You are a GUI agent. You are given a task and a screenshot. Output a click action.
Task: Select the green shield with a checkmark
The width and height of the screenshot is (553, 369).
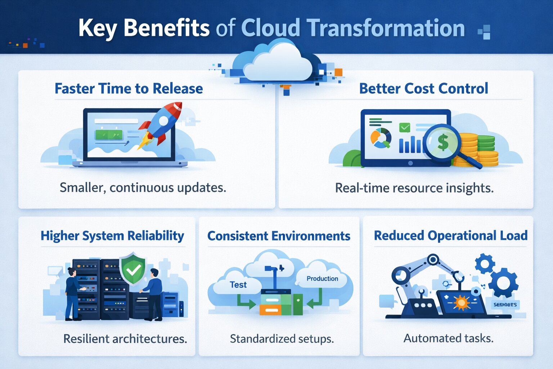click(x=134, y=269)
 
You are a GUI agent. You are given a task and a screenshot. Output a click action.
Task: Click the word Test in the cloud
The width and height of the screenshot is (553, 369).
click(x=238, y=285)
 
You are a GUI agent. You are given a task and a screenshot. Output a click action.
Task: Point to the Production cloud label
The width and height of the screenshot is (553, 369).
click(x=322, y=279)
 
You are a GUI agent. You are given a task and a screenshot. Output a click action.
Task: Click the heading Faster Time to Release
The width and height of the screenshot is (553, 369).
click(x=129, y=89)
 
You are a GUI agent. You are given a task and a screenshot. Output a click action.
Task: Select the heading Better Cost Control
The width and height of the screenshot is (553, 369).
click(x=423, y=89)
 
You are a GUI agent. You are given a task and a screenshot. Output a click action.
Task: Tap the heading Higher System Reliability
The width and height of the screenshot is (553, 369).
click(x=112, y=236)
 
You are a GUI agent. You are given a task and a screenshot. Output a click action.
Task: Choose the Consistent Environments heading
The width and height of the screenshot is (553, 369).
click(x=279, y=236)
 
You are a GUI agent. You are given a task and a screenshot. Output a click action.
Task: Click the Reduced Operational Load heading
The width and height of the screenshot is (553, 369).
click(x=450, y=236)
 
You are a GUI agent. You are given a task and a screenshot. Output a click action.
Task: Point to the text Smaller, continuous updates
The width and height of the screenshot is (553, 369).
click(x=143, y=188)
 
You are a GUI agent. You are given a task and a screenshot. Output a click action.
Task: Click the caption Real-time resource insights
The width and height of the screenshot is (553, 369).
click(x=414, y=188)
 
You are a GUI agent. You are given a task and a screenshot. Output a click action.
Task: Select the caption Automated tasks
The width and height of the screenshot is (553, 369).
click(x=448, y=338)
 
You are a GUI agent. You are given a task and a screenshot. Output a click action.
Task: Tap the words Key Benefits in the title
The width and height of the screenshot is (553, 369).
click(x=144, y=28)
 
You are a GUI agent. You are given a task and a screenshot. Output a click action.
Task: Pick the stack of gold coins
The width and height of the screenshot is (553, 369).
click(x=468, y=150)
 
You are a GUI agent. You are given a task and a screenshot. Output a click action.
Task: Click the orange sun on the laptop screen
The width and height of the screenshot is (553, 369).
click(x=462, y=302)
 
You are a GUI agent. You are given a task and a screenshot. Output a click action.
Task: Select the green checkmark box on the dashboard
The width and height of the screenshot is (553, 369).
click(x=405, y=127)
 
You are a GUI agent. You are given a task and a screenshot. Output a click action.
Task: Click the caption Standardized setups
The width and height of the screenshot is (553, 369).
click(x=282, y=339)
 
